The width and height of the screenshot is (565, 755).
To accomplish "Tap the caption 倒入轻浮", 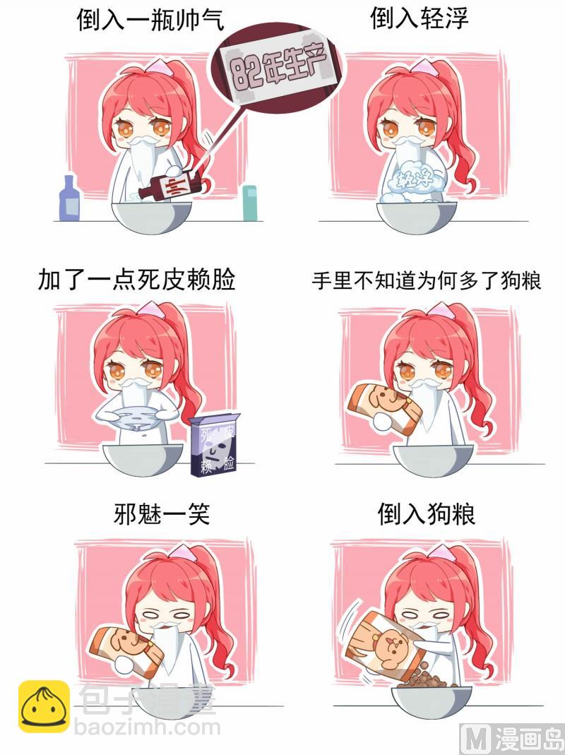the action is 419,19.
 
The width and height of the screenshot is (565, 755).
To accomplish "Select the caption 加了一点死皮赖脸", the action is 137,280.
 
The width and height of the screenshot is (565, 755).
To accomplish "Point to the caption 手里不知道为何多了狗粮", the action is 427,280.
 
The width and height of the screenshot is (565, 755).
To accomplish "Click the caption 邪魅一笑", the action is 162,513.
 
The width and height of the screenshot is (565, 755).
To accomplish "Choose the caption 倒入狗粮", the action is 427,513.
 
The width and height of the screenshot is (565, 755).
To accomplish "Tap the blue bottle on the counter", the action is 69,198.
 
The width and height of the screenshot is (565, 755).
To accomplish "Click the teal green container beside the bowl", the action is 249,203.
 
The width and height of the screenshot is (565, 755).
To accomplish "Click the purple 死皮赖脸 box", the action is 214,445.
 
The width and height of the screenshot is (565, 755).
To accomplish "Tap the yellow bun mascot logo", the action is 44,706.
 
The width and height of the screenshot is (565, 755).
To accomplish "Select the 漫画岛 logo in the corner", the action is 513,739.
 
